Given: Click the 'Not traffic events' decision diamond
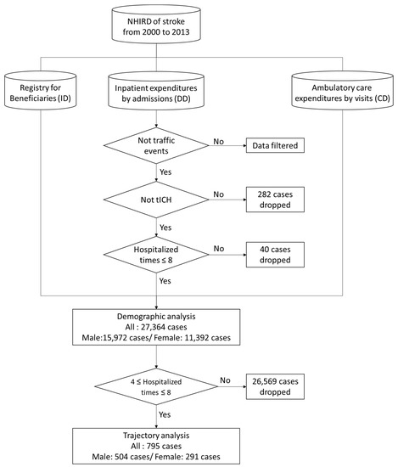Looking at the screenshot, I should pos(156,145).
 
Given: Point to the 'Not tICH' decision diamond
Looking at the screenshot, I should pos(156,199).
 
